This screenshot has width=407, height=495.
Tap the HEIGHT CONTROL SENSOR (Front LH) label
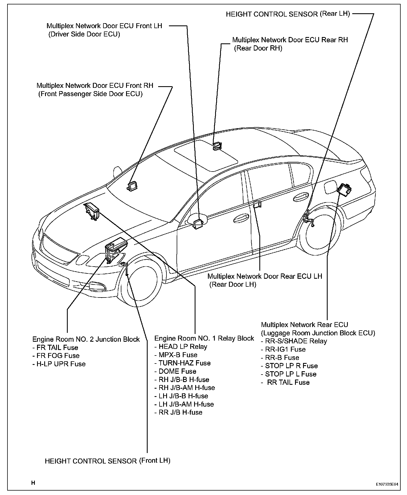[108, 461]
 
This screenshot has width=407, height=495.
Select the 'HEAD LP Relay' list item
[183, 347]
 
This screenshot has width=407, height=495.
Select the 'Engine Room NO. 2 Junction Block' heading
[86, 339]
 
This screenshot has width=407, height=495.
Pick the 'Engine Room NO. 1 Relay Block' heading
[204, 338]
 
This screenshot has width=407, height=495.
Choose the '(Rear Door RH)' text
[258, 48]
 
